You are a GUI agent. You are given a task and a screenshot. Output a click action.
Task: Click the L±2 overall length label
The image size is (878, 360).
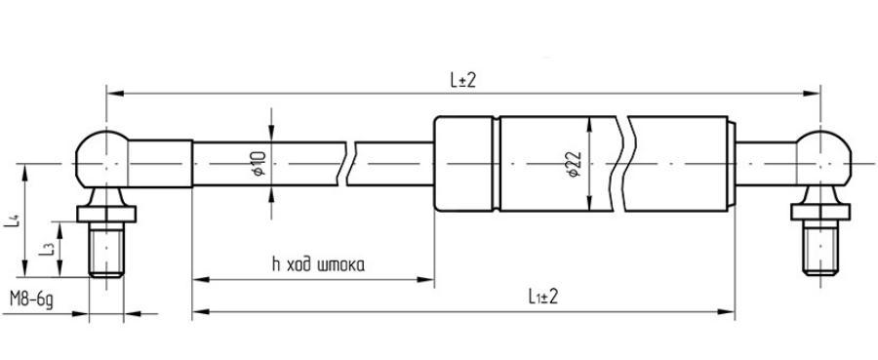pyautogui.click(x=462, y=81)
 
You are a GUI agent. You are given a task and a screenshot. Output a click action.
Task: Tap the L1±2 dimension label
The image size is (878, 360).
pyautogui.click(x=542, y=297)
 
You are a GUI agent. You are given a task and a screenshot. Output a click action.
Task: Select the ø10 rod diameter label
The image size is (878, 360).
pyautogui.click(x=259, y=164)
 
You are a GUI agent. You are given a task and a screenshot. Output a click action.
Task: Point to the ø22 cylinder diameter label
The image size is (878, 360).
pyautogui.click(x=574, y=165)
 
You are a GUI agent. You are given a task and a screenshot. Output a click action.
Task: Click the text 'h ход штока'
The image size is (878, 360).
pyautogui.click(x=317, y=264)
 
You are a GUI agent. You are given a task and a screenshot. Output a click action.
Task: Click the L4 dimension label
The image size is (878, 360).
pyautogui.click(x=12, y=220)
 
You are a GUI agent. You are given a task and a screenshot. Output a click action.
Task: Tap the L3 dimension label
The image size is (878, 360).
pyautogui.click(x=47, y=248)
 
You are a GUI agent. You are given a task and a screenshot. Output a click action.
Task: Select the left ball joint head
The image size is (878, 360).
pyautogui.click(x=101, y=159)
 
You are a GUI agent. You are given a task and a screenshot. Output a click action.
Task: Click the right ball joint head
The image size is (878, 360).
pyautogui.click(x=822, y=159)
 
